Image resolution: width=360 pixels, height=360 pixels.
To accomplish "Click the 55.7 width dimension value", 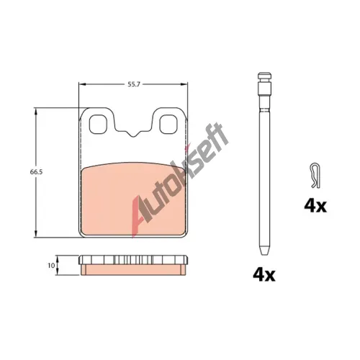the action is (x=134, y=84).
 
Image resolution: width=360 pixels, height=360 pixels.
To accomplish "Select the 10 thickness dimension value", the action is (x=51, y=266).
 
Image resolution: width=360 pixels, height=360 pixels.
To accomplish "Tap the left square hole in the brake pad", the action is (x=97, y=125).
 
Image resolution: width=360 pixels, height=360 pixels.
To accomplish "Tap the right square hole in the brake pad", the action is (x=168, y=125).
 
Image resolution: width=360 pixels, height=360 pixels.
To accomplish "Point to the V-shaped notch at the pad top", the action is (x=132, y=134).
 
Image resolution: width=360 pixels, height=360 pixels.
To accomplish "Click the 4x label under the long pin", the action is (x=264, y=275).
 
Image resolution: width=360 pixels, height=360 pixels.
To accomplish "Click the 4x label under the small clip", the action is (x=315, y=206).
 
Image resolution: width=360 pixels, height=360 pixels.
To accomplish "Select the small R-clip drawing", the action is (x=315, y=176).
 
